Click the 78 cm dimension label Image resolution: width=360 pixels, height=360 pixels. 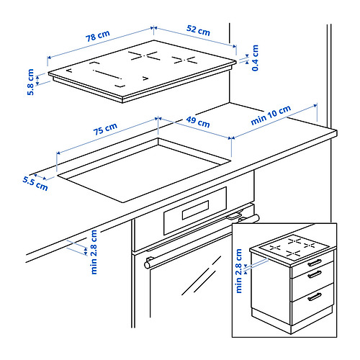98,36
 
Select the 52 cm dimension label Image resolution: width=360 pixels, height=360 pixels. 198,30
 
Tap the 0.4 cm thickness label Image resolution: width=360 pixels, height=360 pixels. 255,58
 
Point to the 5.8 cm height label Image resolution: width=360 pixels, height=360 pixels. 31,82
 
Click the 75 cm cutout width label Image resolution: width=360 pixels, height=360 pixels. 105,129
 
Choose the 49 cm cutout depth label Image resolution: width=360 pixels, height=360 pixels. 198,122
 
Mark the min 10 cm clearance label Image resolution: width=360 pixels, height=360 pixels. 271,115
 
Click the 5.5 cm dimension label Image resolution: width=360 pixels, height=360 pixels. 35,184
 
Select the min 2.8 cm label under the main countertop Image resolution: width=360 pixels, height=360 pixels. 94,252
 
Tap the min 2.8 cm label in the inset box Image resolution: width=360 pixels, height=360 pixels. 238,271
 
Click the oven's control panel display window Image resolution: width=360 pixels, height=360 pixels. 195,210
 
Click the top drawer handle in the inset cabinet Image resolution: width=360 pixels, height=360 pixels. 315,263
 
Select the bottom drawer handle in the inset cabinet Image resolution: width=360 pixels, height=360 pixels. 315,297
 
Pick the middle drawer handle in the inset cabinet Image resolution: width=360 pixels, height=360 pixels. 315,274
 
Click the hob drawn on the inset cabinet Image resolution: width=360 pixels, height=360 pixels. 294,248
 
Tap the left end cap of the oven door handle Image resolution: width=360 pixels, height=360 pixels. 147,265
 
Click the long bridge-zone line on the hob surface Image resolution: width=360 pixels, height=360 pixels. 107,75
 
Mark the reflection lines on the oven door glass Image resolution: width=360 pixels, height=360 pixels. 201,276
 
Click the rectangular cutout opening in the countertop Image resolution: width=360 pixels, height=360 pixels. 144,170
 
